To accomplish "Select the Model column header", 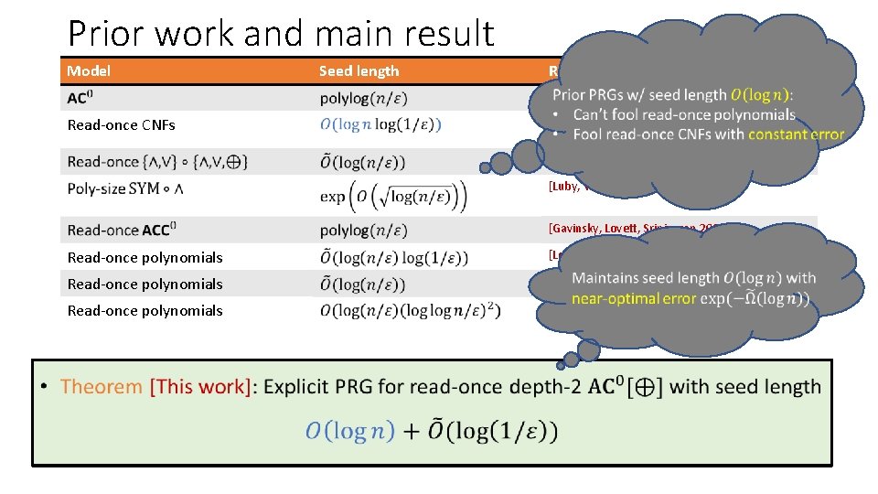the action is (x=89, y=70).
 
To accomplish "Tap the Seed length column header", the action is (x=359, y=70).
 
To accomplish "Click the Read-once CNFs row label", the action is (x=122, y=124).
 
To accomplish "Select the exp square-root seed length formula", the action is (x=393, y=195).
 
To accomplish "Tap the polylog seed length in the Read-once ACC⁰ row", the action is (x=363, y=231).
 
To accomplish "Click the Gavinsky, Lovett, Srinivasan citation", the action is (x=622, y=229).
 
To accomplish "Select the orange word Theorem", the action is (x=101, y=387).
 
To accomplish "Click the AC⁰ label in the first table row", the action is (x=80, y=98).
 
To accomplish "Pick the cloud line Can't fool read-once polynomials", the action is (x=684, y=114).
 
